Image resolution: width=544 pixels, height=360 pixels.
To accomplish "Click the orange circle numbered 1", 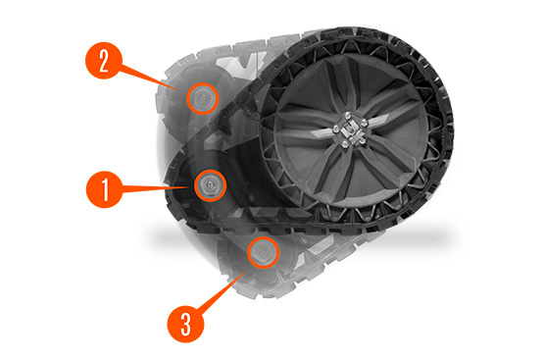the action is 105,189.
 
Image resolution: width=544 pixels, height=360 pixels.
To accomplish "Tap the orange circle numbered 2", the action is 104,61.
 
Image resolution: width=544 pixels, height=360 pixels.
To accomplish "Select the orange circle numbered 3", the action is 185,324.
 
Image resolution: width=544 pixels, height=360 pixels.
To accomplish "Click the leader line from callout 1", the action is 156,188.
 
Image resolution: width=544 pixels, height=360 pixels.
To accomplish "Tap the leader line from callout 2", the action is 148,78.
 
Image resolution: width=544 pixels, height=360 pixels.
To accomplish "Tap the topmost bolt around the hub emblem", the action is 348,115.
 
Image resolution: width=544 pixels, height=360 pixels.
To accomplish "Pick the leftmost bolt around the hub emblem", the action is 335,129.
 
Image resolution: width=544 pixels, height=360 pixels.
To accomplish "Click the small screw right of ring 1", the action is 251,198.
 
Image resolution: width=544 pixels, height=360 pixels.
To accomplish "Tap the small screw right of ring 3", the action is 304,240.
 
